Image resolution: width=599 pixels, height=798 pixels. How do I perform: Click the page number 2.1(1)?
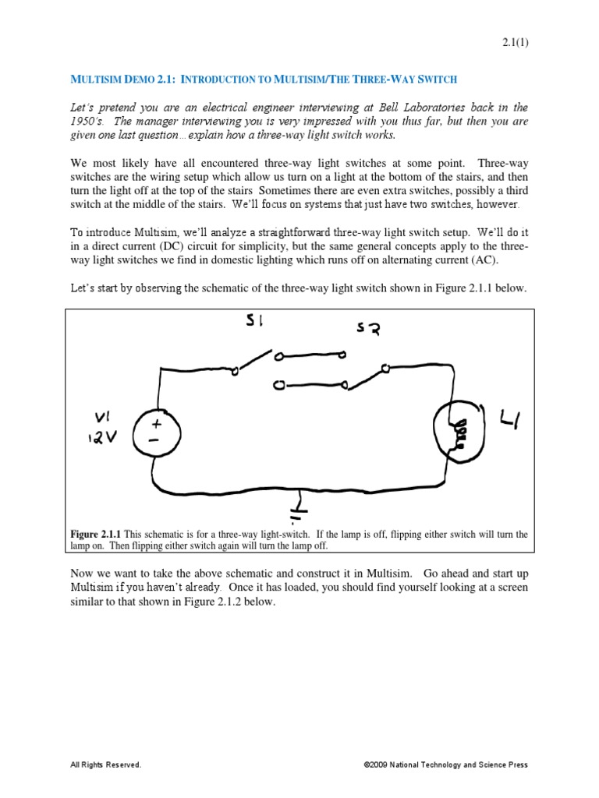pyautogui.click(x=515, y=43)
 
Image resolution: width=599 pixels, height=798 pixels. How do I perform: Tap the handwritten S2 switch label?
pyautogui.click(x=368, y=330)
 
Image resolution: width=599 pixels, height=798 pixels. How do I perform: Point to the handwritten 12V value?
pyautogui.click(x=102, y=437)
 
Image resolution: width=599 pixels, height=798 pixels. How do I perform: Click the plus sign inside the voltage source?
pyautogui.click(x=156, y=424)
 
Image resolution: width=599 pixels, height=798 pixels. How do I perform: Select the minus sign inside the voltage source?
pyautogui.click(x=154, y=440)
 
